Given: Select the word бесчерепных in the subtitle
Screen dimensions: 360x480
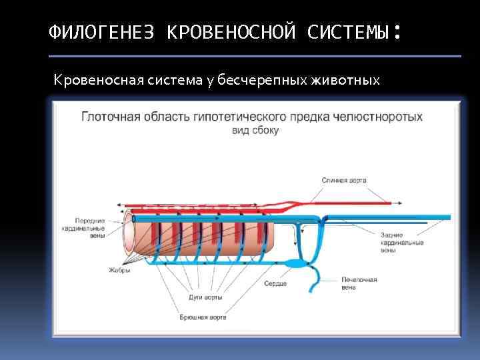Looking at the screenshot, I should point(273,81).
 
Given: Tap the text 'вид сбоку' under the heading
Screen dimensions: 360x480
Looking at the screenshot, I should point(255,130).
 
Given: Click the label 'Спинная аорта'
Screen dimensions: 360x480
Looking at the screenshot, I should point(343,180).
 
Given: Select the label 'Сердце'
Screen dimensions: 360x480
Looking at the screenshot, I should point(275,284).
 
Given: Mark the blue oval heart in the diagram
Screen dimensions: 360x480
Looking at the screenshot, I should point(294,264).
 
